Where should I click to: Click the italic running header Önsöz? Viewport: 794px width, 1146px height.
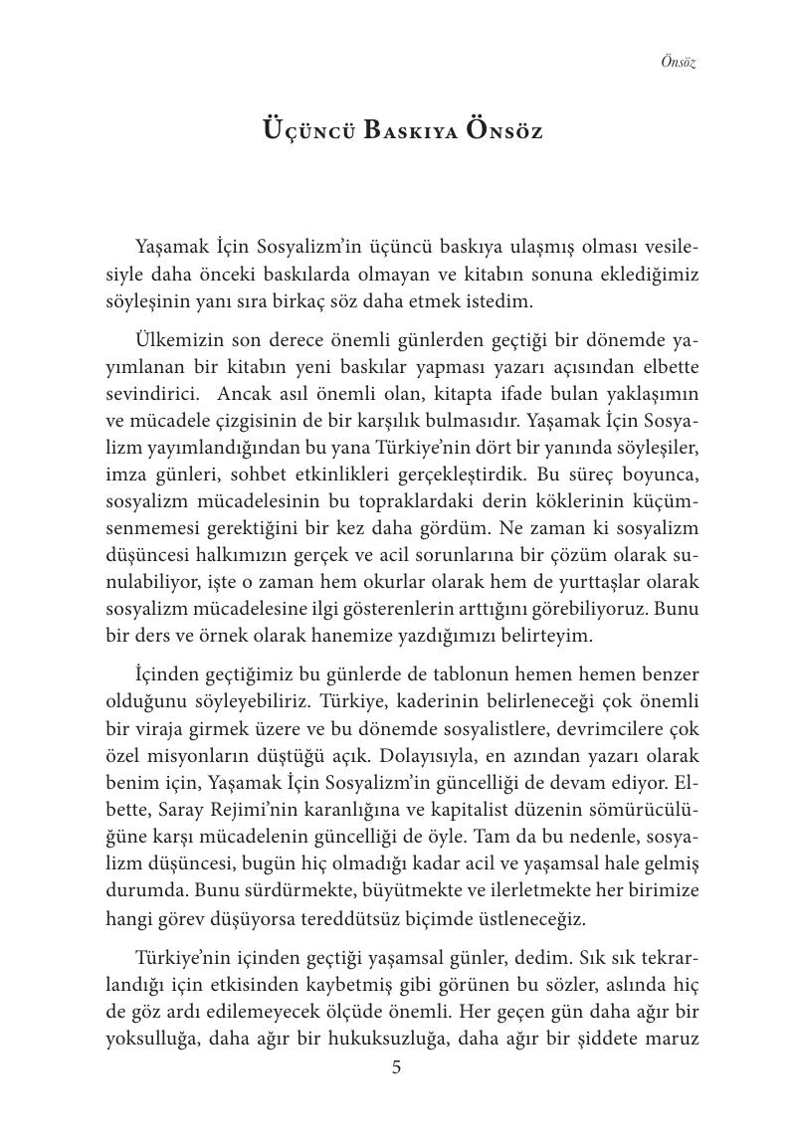pyautogui.click(x=678, y=63)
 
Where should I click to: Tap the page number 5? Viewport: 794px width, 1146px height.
pyautogui.click(x=397, y=1068)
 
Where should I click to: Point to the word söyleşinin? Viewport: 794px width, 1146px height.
pyautogui.click(x=145, y=299)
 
